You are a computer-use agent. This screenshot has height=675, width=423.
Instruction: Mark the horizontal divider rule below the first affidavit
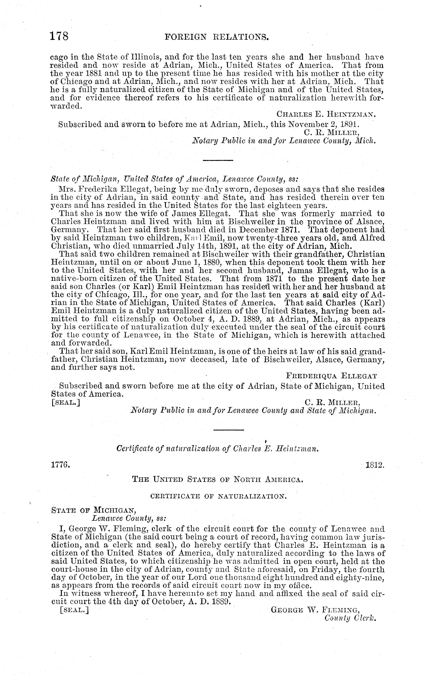218,160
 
